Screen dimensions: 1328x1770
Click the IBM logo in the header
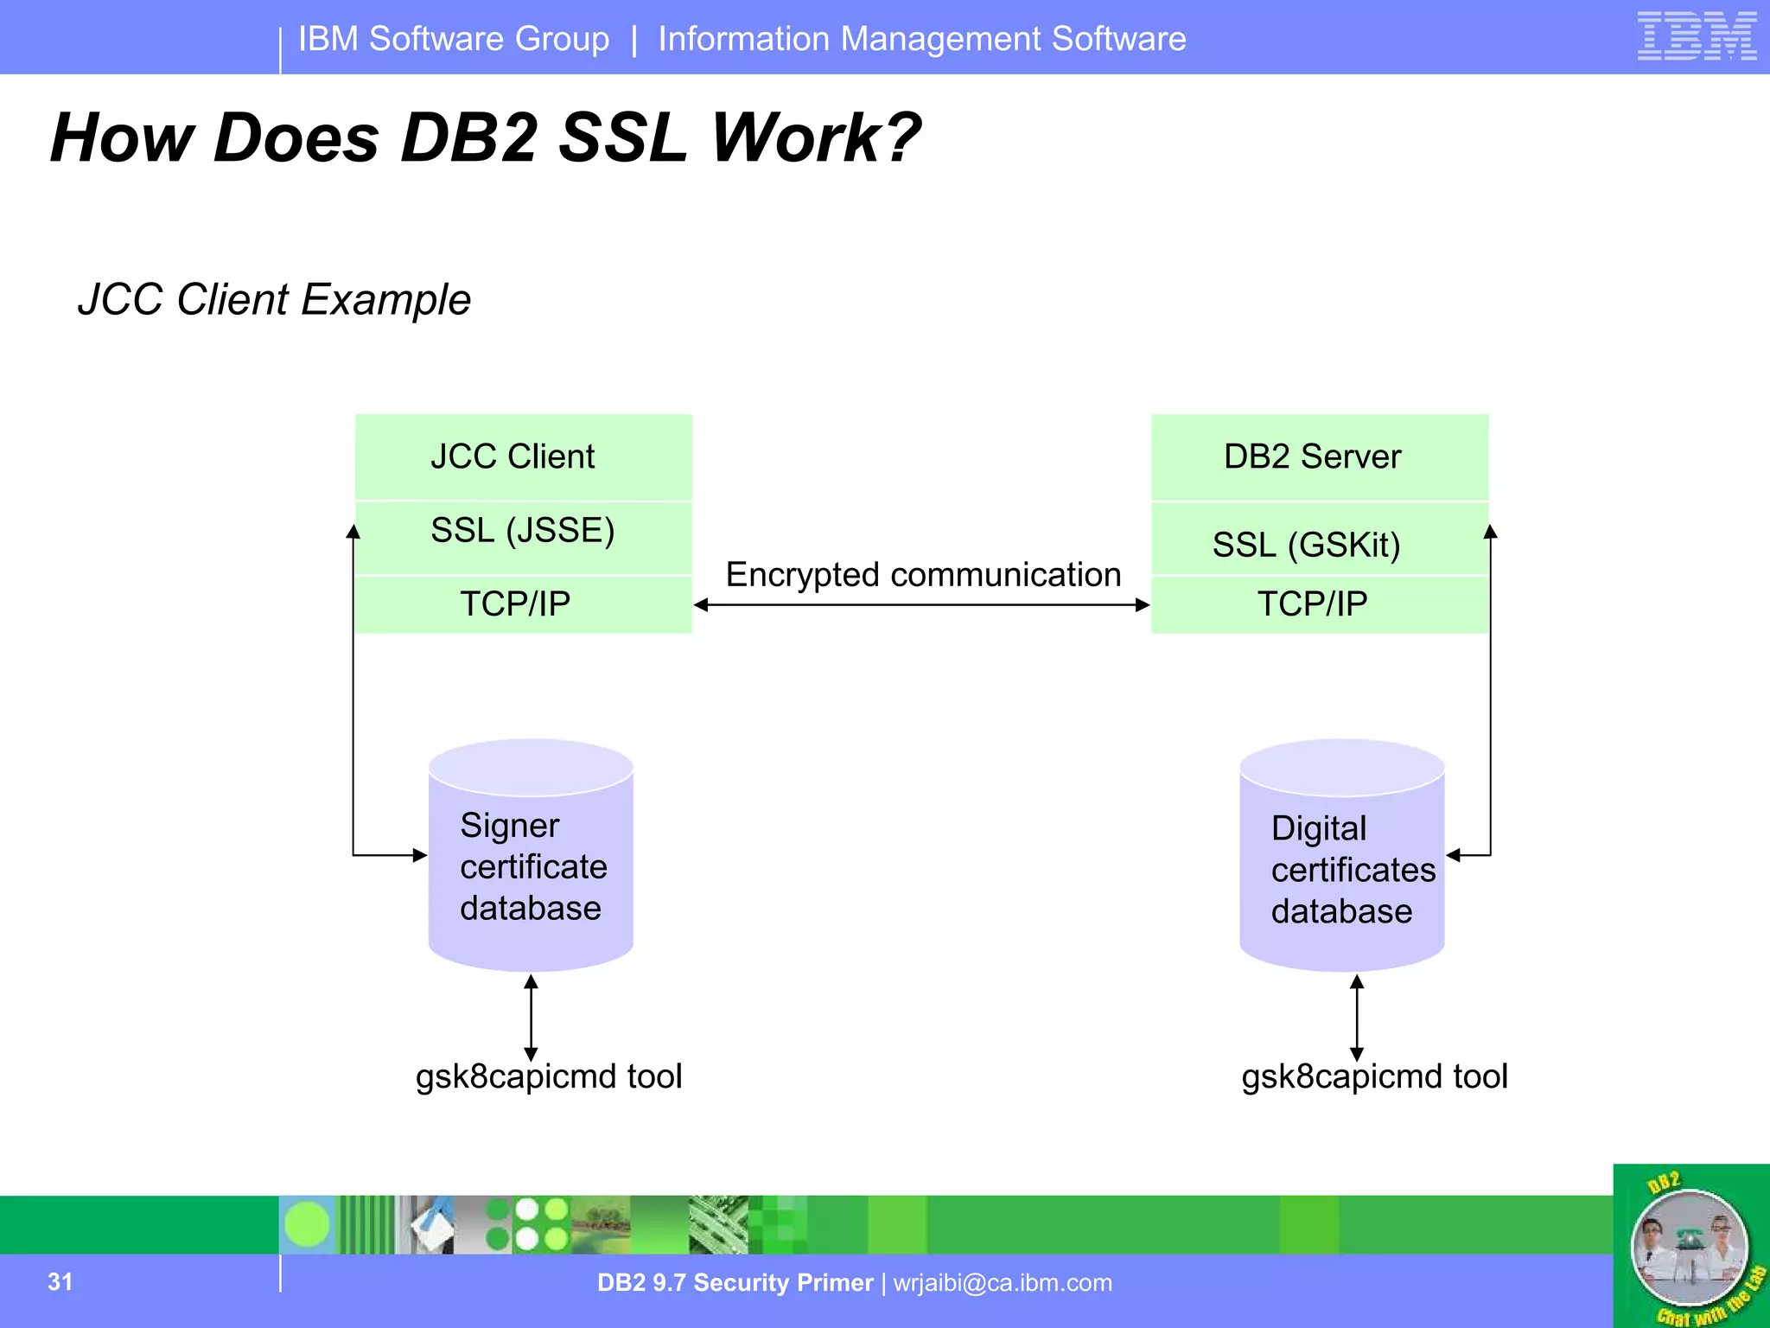1697,36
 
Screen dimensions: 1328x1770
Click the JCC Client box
523,456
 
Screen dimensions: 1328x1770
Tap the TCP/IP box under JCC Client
523,604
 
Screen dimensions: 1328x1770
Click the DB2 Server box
1319,456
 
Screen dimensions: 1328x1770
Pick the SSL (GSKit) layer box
1319,541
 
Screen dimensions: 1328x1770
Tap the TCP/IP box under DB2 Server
1319,604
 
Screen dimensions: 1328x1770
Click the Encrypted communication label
922,575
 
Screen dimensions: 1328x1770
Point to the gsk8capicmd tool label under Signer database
549,1077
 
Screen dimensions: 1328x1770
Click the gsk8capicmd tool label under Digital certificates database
1374,1077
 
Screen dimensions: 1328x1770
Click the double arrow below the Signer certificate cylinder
531,1018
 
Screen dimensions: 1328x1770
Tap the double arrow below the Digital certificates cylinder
1357,1018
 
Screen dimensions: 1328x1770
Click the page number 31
60,1281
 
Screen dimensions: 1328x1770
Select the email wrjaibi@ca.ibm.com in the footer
1003,1283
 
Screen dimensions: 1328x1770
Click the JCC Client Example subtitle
274,300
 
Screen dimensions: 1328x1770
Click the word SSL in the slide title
623,138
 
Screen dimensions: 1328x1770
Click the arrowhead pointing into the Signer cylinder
420,855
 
